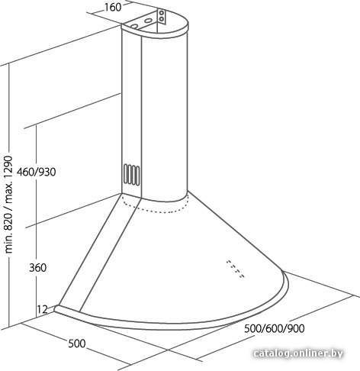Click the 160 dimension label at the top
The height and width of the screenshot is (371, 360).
click(x=113, y=8)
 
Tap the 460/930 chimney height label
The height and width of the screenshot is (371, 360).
click(x=37, y=173)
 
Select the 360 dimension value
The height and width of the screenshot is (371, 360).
click(x=38, y=268)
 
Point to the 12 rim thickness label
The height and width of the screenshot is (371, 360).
click(x=43, y=309)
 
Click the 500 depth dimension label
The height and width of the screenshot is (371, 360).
click(x=77, y=344)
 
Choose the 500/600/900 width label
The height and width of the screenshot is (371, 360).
click(x=275, y=328)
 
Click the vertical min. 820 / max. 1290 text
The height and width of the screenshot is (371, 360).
click(x=8, y=205)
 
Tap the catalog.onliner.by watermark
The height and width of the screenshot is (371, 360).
click(x=298, y=353)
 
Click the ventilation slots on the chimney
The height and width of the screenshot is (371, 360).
click(x=132, y=174)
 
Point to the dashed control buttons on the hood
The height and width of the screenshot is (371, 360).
click(x=236, y=269)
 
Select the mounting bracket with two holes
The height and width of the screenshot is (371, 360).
click(x=161, y=16)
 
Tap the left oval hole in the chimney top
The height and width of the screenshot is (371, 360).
click(x=134, y=26)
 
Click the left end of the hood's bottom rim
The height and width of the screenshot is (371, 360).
click(x=56, y=308)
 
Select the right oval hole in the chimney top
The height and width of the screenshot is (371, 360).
click(x=147, y=21)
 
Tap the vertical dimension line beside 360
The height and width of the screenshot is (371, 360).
click(x=36, y=221)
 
